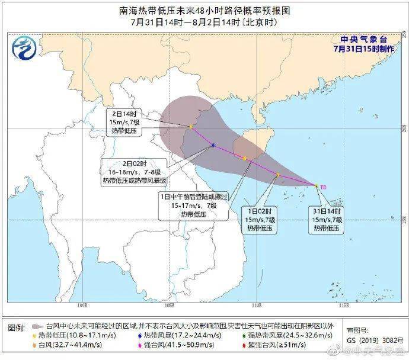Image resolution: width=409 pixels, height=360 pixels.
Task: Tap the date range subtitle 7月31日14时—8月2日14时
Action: coord(204,22)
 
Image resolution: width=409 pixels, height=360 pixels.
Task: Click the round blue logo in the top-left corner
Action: coord(25,47)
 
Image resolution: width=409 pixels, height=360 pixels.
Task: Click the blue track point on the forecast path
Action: coord(212,146)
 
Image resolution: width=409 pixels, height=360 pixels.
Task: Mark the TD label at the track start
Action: coord(324,187)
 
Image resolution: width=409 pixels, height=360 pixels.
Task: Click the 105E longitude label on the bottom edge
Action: coord(170,306)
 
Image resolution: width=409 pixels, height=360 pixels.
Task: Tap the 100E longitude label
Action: coord(83,306)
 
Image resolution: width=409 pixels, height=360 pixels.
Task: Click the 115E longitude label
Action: coord(343,306)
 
